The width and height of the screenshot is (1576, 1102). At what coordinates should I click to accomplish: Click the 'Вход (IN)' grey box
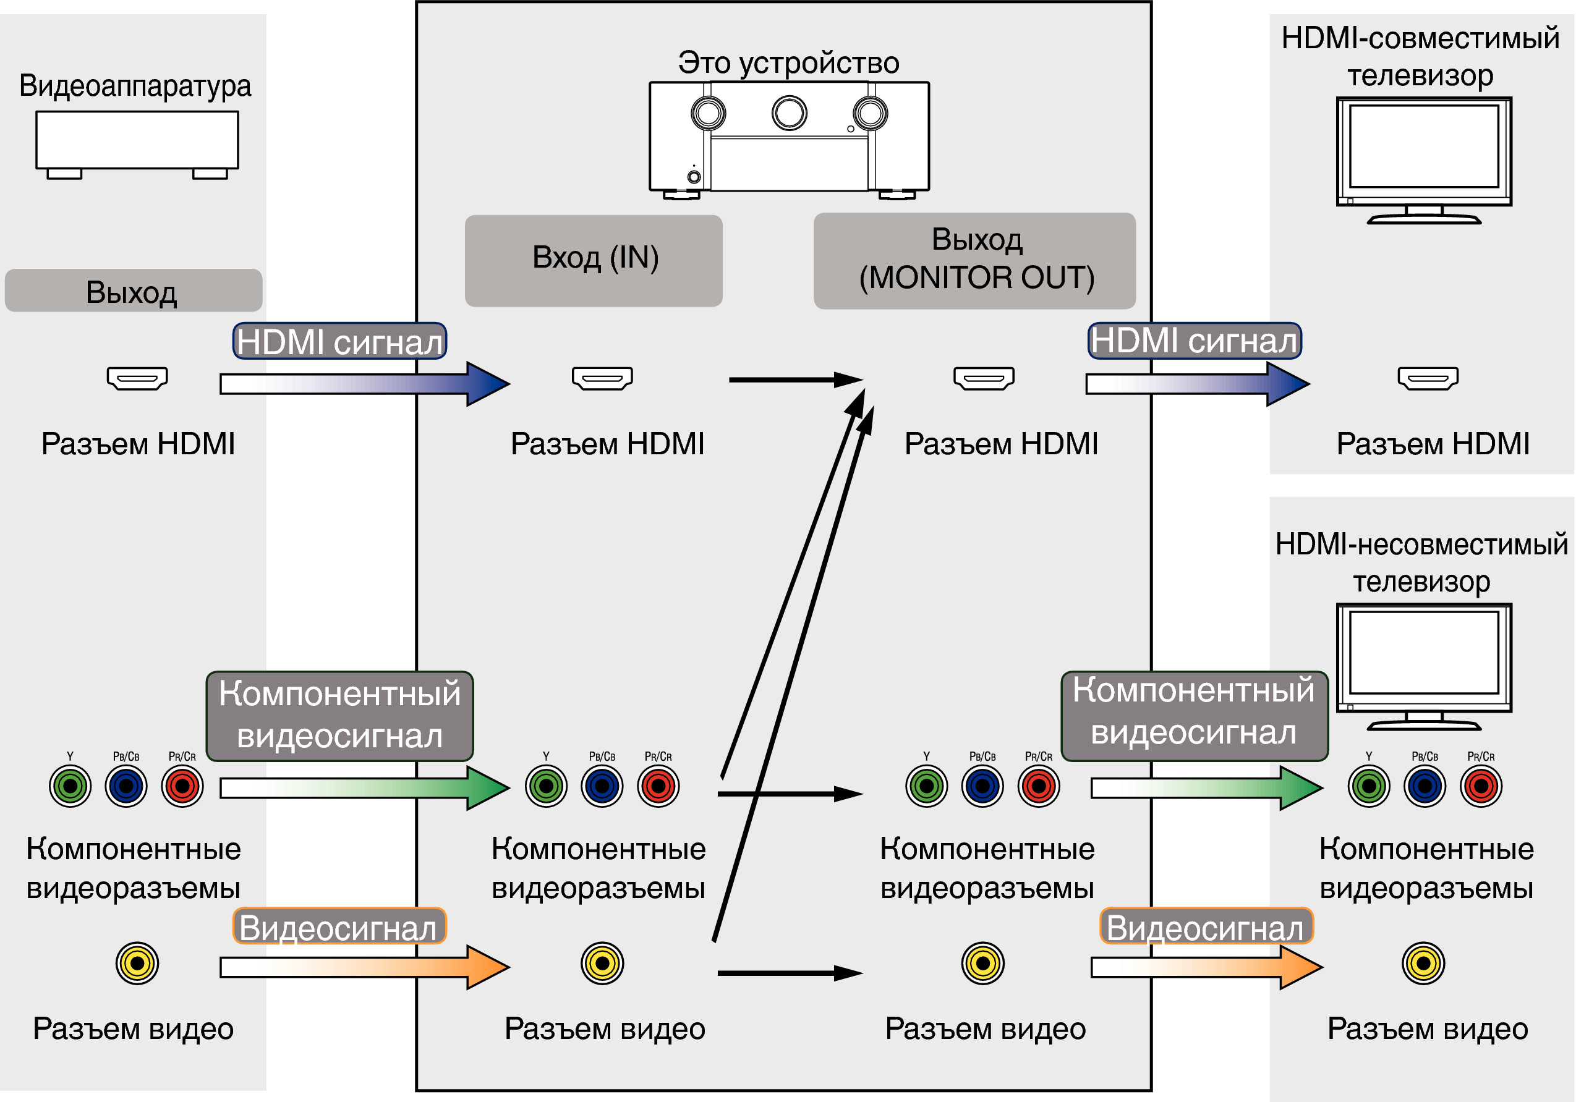pyautogui.click(x=594, y=260)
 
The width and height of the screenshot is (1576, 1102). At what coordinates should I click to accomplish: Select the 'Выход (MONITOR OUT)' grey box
pyautogui.click(x=974, y=260)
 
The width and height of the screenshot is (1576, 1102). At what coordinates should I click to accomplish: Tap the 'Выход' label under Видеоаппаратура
pyautogui.click(x=133, y=291)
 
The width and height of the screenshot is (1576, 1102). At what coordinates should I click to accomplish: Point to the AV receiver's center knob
pyautogui.click(x=790, y=112)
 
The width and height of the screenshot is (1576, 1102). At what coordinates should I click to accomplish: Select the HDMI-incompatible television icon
pyautogui.click(x=1425, y=666)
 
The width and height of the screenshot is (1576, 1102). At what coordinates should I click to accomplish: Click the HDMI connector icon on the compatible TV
pyautogui.click(x=1428, y=378)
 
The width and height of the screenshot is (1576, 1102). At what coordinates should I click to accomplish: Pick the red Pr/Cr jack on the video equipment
pyautogui.click(x=182, y=786)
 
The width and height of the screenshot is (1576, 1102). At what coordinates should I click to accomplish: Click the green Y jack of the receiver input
pyautogui.click(x=547, y=786)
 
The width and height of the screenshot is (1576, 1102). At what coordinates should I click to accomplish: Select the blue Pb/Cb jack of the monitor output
pyautogui.click(x=983, y=786)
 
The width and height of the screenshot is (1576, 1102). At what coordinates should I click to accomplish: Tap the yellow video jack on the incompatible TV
pyautogui.click(x=1424, y=964)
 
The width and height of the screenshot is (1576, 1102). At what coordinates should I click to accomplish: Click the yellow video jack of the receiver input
pyautogui.click(x=603, y=964)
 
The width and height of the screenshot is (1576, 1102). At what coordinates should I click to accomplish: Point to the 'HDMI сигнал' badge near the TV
pyautogui.click(x=1195, y=341)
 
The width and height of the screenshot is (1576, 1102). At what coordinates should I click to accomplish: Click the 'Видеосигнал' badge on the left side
pyautogui.click(x=339, y=928)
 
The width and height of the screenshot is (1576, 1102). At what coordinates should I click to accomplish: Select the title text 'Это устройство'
pyautogui.click(x=789, y=63)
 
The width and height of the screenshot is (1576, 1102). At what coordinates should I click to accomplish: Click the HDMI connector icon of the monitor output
pyautogui.click(x=984, y=378)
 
